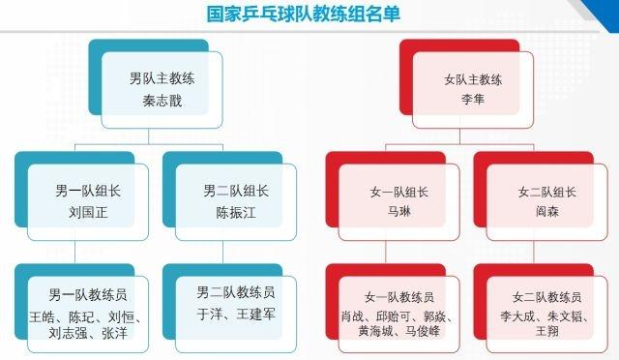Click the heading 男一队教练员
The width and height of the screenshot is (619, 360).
(88, 291)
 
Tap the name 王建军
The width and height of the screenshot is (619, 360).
(252, 314)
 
